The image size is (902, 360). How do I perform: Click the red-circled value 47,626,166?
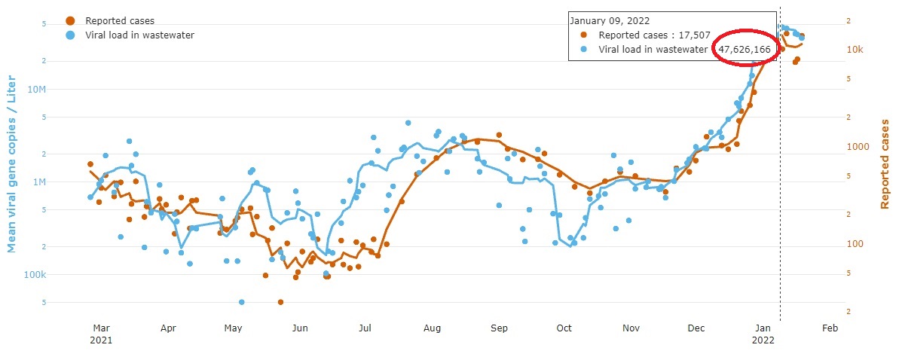point(744,50)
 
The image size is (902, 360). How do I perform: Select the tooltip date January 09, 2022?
point(609,21)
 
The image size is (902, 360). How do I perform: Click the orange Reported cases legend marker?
point(70,21)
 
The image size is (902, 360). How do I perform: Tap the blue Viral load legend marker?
point(70,35)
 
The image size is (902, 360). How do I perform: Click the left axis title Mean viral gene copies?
point(12,163)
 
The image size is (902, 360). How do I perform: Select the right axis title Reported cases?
point(885,163)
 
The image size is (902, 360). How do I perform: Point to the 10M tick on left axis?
point(35,90)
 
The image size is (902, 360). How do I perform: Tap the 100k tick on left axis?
point(35,275)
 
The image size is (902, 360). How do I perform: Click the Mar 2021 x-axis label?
point(101,334)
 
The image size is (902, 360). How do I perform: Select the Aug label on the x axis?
point(432,328)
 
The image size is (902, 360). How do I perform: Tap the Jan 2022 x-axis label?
point(764,334)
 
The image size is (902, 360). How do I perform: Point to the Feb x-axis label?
point(830,328)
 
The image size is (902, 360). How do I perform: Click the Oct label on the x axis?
point(564,328)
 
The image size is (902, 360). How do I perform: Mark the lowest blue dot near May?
point(242,302)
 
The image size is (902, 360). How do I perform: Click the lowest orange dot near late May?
point(280,302)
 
